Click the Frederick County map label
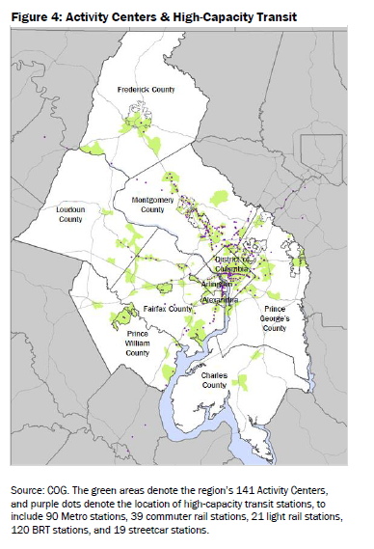[146, 89]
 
